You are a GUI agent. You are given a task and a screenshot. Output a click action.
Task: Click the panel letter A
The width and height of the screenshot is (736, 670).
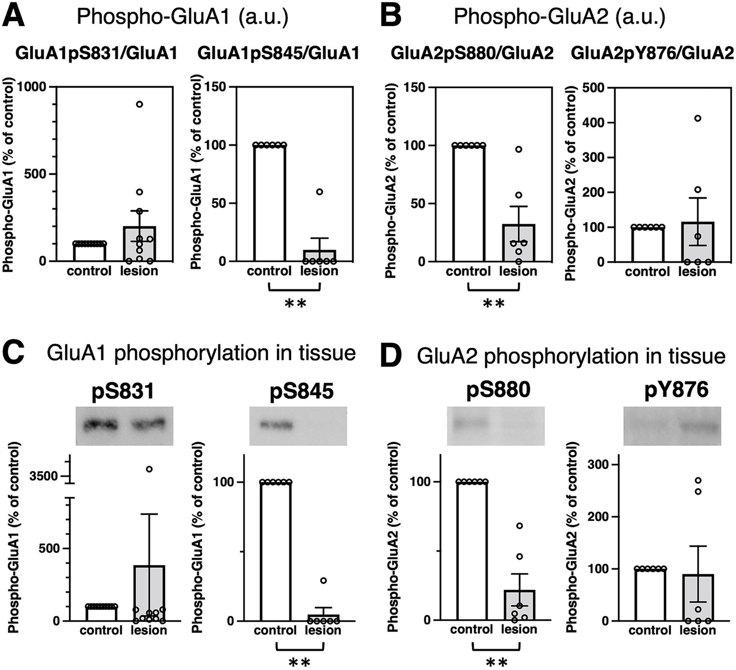point(14,15)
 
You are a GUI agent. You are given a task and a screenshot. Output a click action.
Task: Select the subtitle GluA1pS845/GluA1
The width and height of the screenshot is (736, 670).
point(278,53)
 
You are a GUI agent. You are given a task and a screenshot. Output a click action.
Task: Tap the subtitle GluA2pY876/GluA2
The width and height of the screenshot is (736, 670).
point(652,53)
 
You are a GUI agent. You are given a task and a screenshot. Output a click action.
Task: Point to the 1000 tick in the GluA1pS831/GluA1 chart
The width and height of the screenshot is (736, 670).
point(32,87)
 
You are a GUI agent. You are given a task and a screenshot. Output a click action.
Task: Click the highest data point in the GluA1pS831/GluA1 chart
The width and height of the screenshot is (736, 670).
point(139,104)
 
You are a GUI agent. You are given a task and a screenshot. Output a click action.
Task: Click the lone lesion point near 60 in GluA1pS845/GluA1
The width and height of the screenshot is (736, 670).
point(319,192)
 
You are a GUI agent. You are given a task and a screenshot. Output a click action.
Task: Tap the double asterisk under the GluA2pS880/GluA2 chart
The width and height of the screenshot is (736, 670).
point(493,304)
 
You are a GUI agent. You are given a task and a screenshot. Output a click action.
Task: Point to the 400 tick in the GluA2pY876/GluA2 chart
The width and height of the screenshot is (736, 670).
point(593,123)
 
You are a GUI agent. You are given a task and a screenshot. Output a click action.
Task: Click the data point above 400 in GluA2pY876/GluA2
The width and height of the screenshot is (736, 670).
point(698,118)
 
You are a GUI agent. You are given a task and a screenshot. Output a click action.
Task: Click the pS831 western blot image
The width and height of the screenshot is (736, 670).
point(124,426)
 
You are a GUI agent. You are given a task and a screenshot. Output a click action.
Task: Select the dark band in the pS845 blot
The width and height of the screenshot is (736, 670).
point(276,425)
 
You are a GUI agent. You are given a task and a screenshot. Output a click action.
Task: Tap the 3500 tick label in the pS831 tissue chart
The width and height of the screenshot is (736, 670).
point(43,476)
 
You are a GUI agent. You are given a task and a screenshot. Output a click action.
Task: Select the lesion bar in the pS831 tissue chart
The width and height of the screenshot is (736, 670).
point(149,593)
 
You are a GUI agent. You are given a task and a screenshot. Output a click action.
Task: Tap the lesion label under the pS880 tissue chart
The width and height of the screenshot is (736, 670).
point(519,629)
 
